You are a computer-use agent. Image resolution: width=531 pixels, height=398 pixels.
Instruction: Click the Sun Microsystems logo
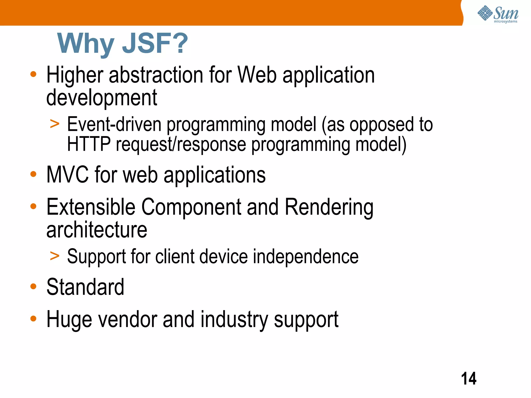(498, 14)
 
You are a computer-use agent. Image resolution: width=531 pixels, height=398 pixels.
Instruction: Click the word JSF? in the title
(155, 43)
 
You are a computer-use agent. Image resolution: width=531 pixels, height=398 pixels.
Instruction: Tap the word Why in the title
(86, 43)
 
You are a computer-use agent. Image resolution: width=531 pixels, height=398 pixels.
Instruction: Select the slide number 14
(469, 379)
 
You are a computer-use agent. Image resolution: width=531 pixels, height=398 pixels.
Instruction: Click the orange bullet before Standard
(33, 286)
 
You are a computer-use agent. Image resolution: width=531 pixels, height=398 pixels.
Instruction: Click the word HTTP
(89, 144)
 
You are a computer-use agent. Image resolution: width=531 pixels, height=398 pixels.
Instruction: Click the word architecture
(97, 230)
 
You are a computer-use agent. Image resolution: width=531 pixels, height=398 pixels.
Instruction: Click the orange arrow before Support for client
(55, 256)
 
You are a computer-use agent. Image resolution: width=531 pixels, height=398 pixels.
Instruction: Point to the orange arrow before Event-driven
(55, 124)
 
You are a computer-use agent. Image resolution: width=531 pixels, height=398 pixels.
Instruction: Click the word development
(102, 98)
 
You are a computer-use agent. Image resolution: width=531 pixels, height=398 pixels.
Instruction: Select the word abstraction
(156, 75)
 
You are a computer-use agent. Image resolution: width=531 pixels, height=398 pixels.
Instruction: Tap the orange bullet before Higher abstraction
(33, 74)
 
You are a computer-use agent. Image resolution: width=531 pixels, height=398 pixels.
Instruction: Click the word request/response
(181, 145)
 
